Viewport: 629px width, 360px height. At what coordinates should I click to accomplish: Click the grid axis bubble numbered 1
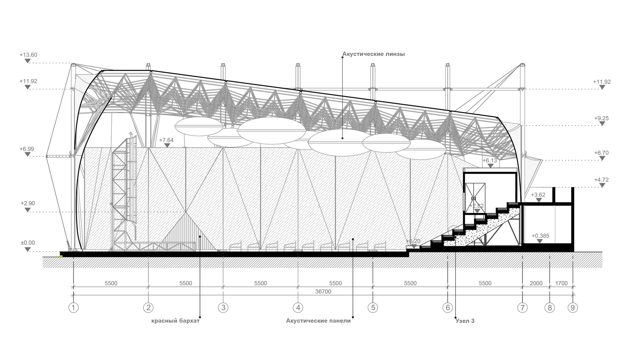74,307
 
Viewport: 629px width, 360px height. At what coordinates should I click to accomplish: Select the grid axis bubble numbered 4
298,307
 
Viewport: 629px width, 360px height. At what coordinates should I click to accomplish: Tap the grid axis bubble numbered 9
573,307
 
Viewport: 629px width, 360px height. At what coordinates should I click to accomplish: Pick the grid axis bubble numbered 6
448,307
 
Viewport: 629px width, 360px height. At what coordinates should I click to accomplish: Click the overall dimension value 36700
323,292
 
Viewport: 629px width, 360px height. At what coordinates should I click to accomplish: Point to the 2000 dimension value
536,283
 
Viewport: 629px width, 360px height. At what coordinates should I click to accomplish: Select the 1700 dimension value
561,283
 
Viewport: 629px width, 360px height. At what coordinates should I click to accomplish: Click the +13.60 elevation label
28,55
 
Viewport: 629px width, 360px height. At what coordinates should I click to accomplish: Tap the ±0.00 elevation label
28,243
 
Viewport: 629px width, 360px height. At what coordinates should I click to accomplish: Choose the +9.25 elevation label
602,118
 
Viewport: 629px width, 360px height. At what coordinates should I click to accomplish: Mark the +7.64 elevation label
166,140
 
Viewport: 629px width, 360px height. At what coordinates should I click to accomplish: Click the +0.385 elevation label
540,236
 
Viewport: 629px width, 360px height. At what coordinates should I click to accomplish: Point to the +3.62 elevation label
538,195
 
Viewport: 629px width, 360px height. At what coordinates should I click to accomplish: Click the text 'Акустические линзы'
374,54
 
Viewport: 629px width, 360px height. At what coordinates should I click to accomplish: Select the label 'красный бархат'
175,321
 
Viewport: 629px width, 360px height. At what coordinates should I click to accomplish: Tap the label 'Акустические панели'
318,321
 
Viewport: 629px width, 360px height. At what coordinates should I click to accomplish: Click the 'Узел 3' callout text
465,321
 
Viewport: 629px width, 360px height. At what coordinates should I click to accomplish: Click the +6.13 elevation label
490,160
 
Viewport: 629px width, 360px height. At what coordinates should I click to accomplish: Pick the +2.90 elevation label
28,203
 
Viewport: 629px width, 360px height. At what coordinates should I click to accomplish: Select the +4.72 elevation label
602,179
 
